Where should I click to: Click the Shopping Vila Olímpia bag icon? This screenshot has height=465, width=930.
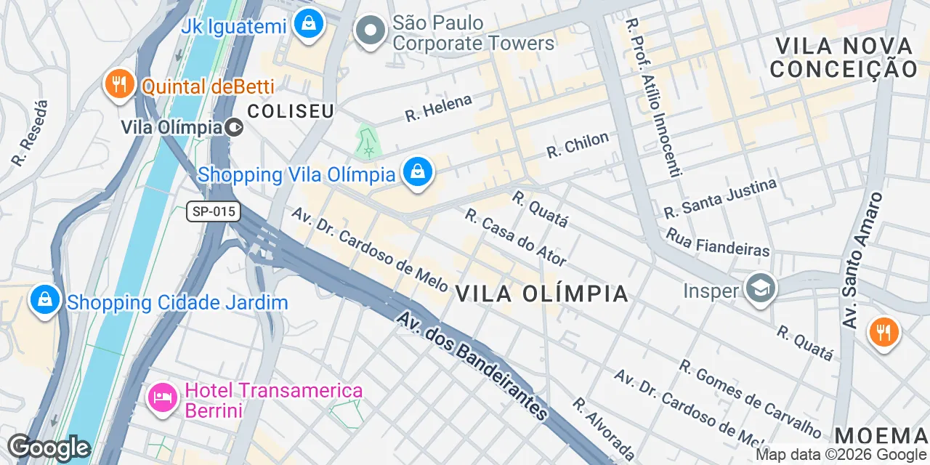click(418, 173)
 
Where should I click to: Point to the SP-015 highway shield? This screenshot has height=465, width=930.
click(213, 211)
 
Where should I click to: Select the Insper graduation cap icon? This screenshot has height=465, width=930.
click(761, 289)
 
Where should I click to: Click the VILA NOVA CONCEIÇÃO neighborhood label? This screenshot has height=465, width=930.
click(844, 57)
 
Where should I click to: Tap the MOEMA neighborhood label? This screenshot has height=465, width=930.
click(881, 436)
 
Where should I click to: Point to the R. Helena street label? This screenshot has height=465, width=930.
click(438, 108)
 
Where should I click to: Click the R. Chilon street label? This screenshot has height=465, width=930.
click(578, 145)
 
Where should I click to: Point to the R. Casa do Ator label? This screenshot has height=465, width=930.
click(515, 238)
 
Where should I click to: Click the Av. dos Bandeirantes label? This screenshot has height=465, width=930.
click(472, 366)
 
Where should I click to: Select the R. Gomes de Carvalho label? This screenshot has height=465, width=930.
click(751, 399)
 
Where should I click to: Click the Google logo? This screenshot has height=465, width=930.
click(49, 448)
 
